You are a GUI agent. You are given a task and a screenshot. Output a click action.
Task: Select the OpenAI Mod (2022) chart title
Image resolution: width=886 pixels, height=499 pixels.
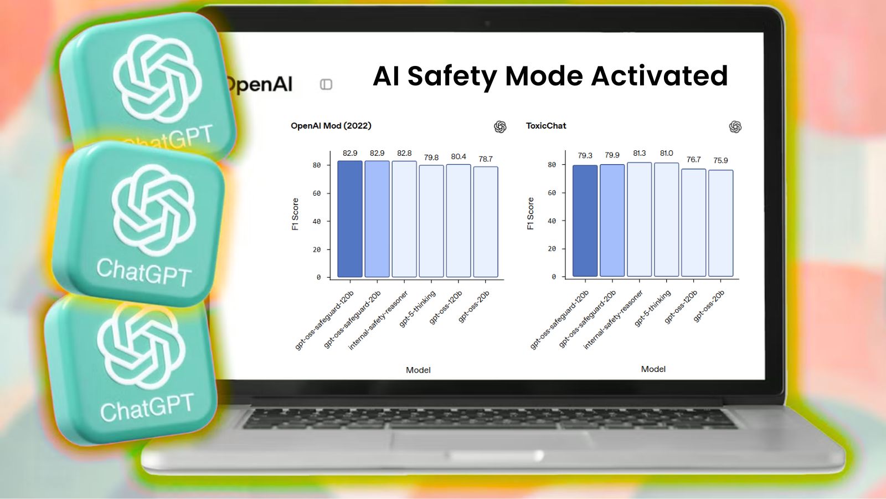tap(331, 126)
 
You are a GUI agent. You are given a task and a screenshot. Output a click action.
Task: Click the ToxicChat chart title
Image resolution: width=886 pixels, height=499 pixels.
tap(546, 126)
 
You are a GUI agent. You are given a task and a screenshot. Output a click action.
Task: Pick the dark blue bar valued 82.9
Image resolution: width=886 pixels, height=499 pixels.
tap(349, 219)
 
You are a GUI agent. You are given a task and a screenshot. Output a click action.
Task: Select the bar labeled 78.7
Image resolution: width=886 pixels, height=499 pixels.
tap(486, 222)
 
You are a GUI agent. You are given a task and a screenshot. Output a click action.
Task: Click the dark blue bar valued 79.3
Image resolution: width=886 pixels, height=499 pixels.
tap(585, 221)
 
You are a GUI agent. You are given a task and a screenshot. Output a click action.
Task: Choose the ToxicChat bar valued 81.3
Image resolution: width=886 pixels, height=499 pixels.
tap(639, 220)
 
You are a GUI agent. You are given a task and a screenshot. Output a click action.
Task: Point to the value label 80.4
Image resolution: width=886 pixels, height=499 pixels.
tap(459, 157)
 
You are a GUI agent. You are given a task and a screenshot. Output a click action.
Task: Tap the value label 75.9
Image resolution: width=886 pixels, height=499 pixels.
tap(720, 160)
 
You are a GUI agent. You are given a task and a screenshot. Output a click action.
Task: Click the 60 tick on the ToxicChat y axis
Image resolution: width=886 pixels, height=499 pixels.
tap(552, 193)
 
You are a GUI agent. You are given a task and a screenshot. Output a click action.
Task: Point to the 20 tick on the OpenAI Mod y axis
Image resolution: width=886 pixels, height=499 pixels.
tap(317, 249)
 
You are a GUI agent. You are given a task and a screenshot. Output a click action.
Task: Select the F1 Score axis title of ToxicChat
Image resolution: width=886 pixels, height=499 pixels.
tap(530, 213)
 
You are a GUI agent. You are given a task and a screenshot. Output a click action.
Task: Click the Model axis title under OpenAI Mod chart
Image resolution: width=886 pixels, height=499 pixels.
tap(418, 370)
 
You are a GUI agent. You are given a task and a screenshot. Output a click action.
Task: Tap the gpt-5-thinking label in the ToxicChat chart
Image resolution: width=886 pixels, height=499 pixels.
tap(653, 308)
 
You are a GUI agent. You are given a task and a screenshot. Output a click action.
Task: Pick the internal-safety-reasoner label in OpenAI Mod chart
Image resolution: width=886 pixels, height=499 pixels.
tap(378, 320)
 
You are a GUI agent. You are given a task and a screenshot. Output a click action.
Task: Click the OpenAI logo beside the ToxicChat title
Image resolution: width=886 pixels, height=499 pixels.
tap(735, 127)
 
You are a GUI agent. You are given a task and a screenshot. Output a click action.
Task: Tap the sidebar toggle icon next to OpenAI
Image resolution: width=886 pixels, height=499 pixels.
tap(326, 84)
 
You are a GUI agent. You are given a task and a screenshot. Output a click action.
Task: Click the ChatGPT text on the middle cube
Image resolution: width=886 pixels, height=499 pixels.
tap(144, 272)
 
